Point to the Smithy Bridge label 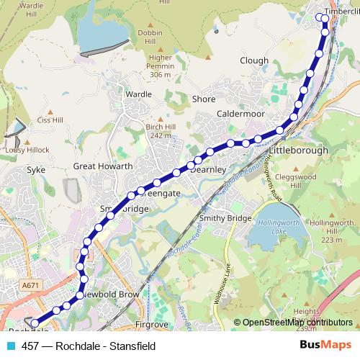[226, 218]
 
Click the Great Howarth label [103, 166]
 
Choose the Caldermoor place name [240, 114]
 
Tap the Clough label [254, 61]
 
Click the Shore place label [204, 99]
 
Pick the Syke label [36, 171]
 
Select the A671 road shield [30, 286]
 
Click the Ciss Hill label [50, 120]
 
